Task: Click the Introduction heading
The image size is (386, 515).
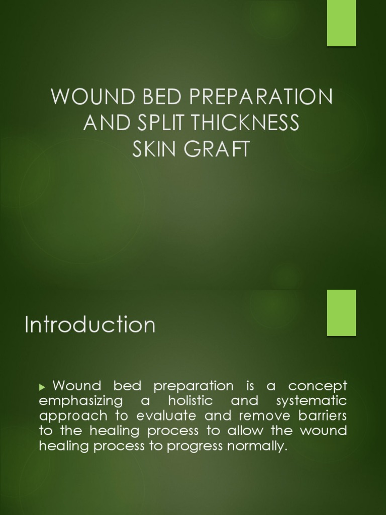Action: [90, 325]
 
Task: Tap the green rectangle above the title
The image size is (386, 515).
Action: [341, 23]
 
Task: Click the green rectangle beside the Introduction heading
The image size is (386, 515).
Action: [341, 312]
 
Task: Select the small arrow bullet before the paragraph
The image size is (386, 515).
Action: [42, 387]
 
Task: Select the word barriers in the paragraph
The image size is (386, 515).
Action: [319, 416]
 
